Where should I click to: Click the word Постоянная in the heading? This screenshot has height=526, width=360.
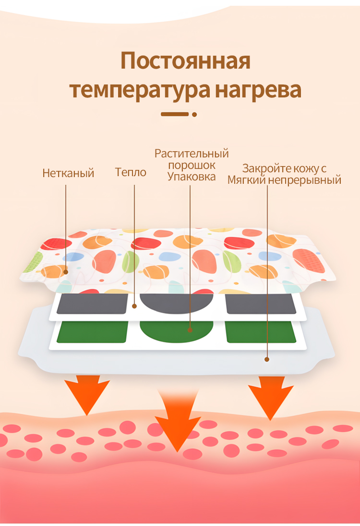[x=185, y=62]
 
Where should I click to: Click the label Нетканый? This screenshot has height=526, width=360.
[x=68, y=173]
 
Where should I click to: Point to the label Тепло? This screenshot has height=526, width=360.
[x=131, y=172]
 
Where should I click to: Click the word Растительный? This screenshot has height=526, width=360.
[x=192, y=154]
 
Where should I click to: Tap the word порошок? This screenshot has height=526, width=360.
[x=192, y=165]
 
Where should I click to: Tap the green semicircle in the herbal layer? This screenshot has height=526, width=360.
[x=177, y=330]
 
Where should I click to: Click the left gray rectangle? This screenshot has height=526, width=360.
[x=92, y=303]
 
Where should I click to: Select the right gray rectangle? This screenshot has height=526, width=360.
[x=260, y=303]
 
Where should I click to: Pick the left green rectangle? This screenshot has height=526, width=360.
[x=92, y=332]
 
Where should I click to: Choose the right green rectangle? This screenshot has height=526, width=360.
[x=260, y=332]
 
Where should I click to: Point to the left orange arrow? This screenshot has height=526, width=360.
[x=87, y=394]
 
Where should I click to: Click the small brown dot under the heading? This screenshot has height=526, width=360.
[x=194, y=114]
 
